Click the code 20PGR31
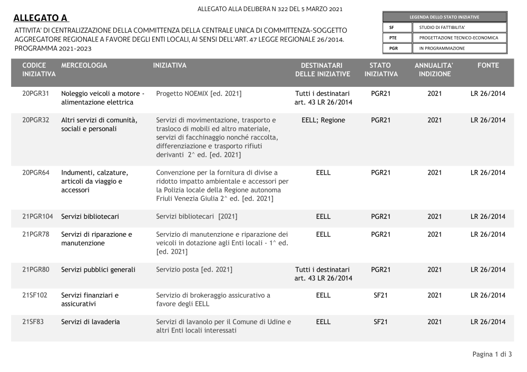click(36, 94)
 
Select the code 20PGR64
click(36, 173)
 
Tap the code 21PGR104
click(37, 216)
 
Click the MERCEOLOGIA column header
click(84, 65)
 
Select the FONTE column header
click(488, 65)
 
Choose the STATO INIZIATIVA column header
click(381, 69)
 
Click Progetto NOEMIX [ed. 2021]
click(199, 94)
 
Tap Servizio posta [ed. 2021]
click(194, 269)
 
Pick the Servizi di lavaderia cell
click(91, 321)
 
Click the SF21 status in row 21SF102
click(380, 295)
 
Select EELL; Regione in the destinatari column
click(323, 120)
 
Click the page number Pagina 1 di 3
click(492, 354)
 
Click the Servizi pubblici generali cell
click(98, 269)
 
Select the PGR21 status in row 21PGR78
click(380, 234)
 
